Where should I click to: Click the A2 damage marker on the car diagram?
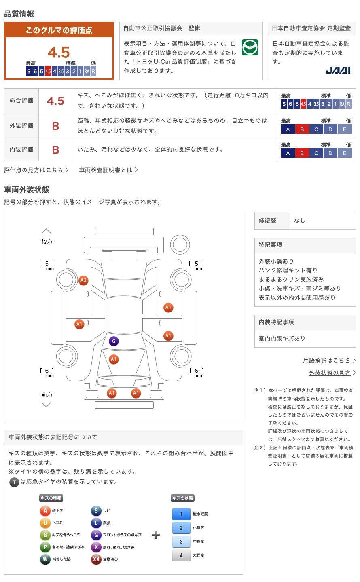(x=83, y=280)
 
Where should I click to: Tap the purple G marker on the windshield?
(x=114, y=341)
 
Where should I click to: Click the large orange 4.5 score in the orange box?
(x=59, y=53)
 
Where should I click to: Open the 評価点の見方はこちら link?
(x=34, y=170)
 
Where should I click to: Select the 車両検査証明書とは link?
(x=106, y=170)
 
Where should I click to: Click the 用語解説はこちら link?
(x=326, y=360)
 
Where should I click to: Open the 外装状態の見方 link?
(x=330, y=373)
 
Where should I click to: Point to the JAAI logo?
(x=338, y=70)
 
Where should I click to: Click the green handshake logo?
(x=250, y=48)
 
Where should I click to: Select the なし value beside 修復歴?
(x=300, y=221)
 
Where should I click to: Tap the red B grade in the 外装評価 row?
(x=55, y=126)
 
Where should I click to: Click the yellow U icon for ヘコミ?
(x=45, y=523)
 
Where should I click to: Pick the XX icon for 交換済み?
(x=96, y=559)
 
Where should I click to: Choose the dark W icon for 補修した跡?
(x=45, y=559)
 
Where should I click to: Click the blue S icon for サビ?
(x=96, y=511)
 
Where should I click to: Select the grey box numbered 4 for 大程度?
(x=181, y=555)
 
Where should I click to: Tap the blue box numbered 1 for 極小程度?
(x=181, y=514)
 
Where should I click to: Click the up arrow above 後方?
(x=47, y=231)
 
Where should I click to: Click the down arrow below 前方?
(x=47, y=405)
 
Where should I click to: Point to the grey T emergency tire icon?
(x=14, y=482)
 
